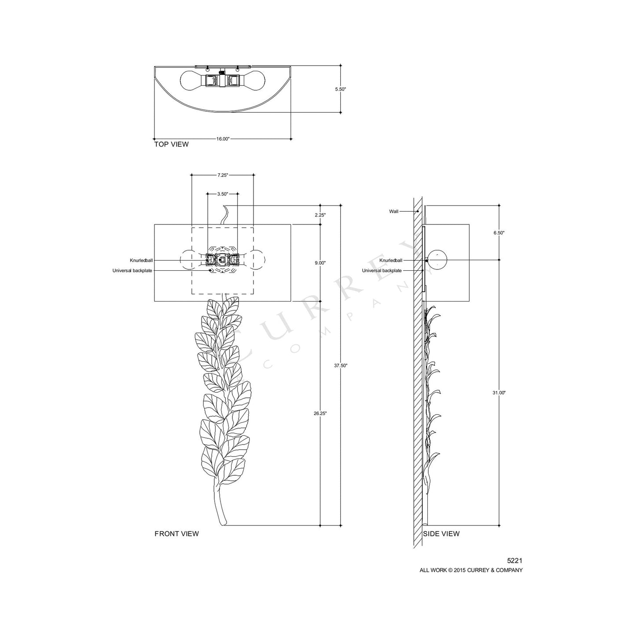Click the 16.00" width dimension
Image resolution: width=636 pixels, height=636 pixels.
[x=223, y=139]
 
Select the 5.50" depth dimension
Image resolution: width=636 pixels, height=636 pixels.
[x=341, y=89]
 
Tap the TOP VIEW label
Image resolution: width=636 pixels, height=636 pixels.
[x=171, y=144]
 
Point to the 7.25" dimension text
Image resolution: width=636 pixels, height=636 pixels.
[x=223, y=175]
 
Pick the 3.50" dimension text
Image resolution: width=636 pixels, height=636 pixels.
[x=223, y=194]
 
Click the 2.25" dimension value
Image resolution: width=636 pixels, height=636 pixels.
[x=320, y=216]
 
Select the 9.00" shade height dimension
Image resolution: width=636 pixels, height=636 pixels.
[x=320, y=263]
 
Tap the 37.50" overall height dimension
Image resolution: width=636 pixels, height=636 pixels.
[x=341, y=365]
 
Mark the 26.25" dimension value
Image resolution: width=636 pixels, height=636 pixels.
[x=320, y=413]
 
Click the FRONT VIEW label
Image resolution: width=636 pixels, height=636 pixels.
[x=176, y=534]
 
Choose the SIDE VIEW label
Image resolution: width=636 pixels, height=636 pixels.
[x=441, y=534]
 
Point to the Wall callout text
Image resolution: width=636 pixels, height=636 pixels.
[x=393, y=212]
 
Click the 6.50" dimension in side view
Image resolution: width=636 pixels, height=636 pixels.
[x=499, y=233]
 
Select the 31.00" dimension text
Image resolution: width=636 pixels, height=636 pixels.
[x=499, y=393]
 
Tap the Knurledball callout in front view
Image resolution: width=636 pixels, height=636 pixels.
[x=141, y=261]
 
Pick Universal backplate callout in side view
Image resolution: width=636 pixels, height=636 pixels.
[x=382, y=271]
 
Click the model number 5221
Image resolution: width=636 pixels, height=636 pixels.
[x=515, y=561]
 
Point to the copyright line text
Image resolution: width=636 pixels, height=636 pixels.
[x=471, y=570]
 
